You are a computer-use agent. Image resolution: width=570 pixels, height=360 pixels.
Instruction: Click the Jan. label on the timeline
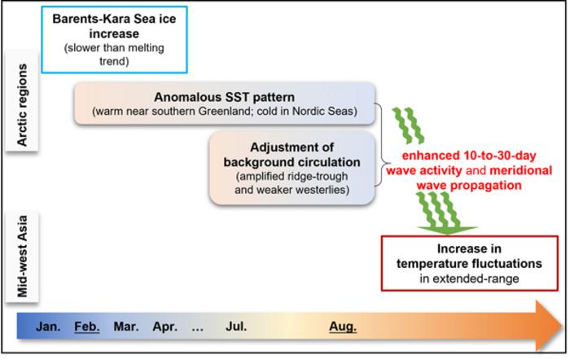click(48, 327)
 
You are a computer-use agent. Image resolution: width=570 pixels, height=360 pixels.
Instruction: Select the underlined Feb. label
click(87, 327)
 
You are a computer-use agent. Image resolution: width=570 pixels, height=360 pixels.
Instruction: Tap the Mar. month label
click(126, 327)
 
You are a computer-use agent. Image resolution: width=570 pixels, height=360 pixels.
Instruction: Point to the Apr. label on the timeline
click(164, 327)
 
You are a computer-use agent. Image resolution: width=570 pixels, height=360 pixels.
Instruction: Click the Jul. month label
click(236, 327)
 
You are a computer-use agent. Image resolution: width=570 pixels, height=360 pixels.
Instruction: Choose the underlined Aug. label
click(343, 327)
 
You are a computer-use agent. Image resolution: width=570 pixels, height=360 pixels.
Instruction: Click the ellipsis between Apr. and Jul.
click(197, 327)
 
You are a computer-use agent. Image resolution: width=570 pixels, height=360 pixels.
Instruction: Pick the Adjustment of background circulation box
click(291, 169)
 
